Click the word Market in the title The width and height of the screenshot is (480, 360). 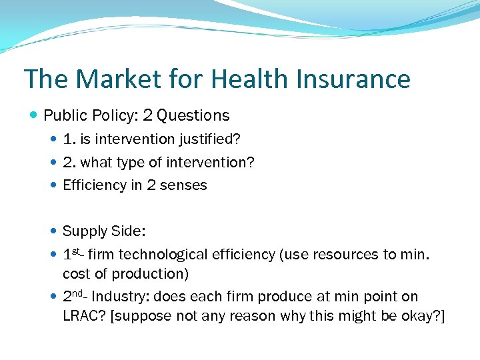click(x=117, y=79)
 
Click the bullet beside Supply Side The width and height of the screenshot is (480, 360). click(x=53, y=231)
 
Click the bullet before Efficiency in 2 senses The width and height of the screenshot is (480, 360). click(x=53, y=185)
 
